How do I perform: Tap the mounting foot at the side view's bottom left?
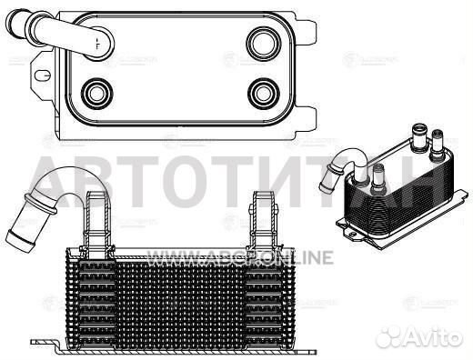coord(45,343)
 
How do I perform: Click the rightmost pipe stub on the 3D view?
coord(438,142)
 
